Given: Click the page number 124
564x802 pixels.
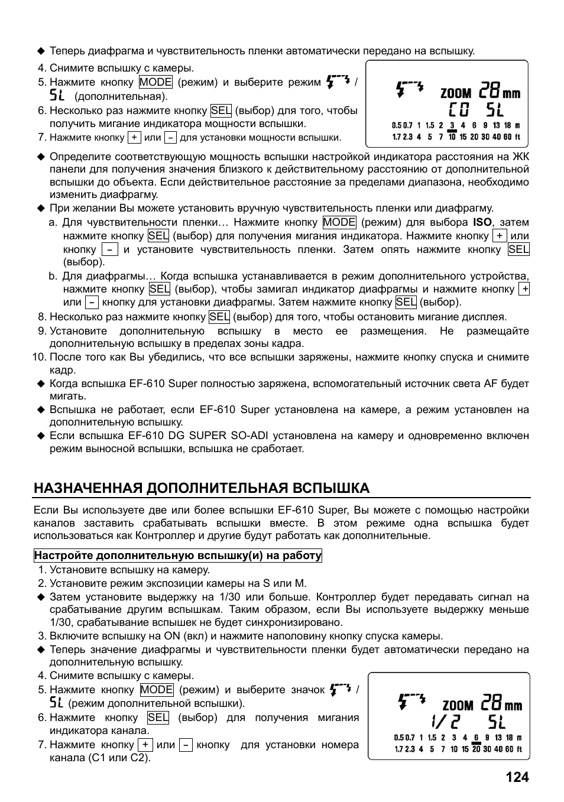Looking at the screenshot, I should pyautogui.click(x=517, y=777).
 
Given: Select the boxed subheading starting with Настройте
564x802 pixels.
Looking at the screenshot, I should pyautogui.click(x=178, y=556).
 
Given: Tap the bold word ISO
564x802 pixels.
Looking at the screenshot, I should pyautogui.click(x=482, y=222).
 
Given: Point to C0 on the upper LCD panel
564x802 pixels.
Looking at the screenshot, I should pyautogui.click(x=459, y=111).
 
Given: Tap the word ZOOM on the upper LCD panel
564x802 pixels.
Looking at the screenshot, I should pyautogui.click(x=456, y=93).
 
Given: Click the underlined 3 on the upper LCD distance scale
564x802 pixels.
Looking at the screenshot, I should pyautogui.click(x=452, y=125).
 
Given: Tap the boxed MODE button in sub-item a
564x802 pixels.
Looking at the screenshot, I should pyautogui.click(x=339, y=222).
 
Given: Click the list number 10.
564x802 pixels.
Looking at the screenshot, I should pyautogui.click(x=38, y=357).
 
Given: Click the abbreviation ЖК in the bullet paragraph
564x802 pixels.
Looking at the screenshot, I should pyautogui.click(x=520, y=157).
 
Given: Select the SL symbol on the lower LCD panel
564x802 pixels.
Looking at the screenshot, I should pyautogui.click(x=497, y=722).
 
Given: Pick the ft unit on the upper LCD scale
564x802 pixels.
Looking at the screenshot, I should pyautogui.click(x=517, y=137).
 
